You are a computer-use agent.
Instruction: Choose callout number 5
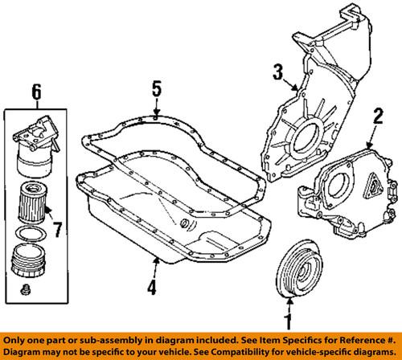click(x=156, y=90)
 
